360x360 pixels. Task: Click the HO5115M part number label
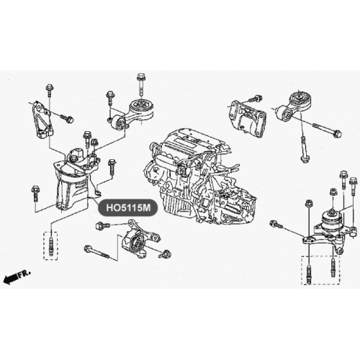point(128,207)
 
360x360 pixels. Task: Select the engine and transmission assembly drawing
point(200,177)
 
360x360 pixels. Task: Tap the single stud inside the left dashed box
point(50,245)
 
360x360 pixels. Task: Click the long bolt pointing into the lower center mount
point(97,253)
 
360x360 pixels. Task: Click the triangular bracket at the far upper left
point(42,120)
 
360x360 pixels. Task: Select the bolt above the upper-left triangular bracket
point(50,90)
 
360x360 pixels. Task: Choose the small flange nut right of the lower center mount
point(166,253)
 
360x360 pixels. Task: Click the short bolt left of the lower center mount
point(102,225)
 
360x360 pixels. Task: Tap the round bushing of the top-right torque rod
point(299,99)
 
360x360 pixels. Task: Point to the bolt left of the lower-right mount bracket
point(275,224)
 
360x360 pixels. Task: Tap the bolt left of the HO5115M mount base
point(35,194)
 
